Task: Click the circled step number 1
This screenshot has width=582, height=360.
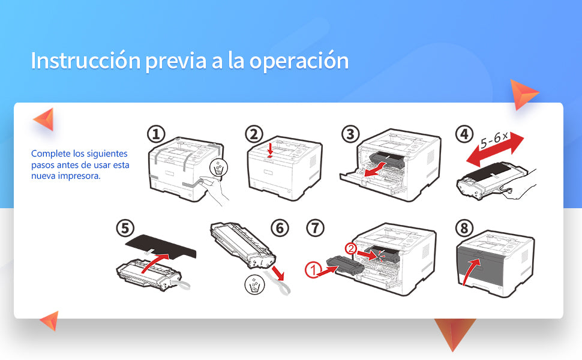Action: [x=157, y=134]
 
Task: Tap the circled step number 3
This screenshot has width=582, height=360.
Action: [x=350, y=134]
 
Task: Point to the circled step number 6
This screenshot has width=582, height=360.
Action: [x=280, y=228]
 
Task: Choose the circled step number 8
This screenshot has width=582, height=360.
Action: [x=464, y=229]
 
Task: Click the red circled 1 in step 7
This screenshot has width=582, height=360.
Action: [x=313, y=271]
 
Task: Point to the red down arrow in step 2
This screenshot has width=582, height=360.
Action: [x=271, y=151]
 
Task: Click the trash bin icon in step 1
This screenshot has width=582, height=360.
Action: [x=219, y=170]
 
